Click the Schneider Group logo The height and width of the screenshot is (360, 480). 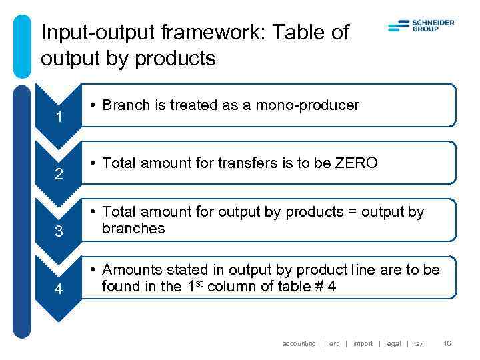pos(421,26)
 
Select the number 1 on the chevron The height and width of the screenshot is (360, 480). pos(59,118)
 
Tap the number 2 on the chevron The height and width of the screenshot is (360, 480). pos(59,175)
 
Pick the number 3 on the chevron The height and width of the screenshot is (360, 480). pos(59,233)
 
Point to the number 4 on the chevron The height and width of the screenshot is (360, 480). pos(59,290)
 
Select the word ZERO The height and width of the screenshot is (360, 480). pos(357,163)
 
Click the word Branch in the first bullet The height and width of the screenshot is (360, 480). pos(123,105)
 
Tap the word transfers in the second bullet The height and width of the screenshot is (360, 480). pos(244,163)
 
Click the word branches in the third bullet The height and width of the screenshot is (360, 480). pos(133,228)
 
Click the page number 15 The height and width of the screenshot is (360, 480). pos(447,343)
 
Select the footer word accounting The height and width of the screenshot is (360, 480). pos(299,343)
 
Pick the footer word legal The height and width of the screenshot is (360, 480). pos(393,343)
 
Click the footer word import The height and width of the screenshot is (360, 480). pos(363,343)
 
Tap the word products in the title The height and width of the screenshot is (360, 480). pos(175,59)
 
